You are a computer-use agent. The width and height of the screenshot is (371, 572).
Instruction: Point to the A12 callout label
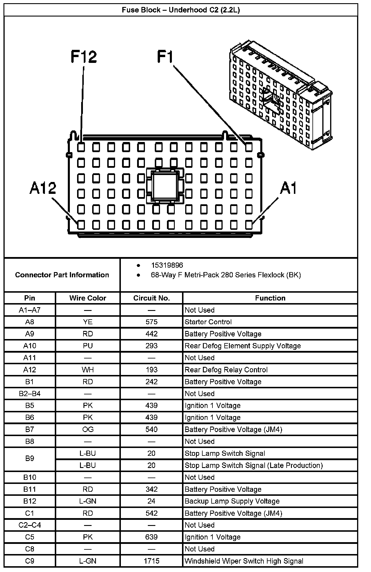pyautogui.click(x=43, y=188)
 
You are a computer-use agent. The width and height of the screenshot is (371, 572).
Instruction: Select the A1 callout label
pyautogui.click(x=288, y=188)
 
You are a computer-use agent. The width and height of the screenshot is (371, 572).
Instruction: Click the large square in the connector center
pyautogui.click(x=164, y=186)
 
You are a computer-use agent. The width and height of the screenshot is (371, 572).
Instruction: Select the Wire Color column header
pyautogui.click(x=88, y=298)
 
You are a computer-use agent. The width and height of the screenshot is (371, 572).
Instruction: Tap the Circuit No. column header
pyautogui.click(x=151, y=298)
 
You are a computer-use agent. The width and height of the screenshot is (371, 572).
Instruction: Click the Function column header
pyautogui.click(x=270, y=298)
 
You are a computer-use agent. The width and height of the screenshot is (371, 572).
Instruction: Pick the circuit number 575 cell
pyautogui.click(x=151, y=322)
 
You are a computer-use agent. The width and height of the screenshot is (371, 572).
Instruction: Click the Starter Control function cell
pyautogui.click(x=208, y=322)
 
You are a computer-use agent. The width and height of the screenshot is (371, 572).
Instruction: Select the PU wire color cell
pyautogui.click(x=88, y=346)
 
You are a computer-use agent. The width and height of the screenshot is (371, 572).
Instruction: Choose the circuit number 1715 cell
pyautogui.click(x=151, y=561)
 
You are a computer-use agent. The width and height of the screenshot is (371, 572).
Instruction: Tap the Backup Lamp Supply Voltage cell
pyautogui.click(x=232, y=501)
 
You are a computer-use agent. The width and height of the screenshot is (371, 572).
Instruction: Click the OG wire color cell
pyautogui.click(x=88, y=429)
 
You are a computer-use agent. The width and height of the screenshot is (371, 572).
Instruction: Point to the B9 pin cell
pyautogui.click(x=30, y=458)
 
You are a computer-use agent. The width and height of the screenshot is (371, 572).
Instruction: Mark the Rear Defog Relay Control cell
pyautogui.click(x=226, y=370)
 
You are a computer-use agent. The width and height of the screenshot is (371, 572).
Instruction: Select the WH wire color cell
pyautogui.click(x=88, y=370)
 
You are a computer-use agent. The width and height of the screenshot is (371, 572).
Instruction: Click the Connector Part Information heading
pyautogui.click(x=62, y=275)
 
